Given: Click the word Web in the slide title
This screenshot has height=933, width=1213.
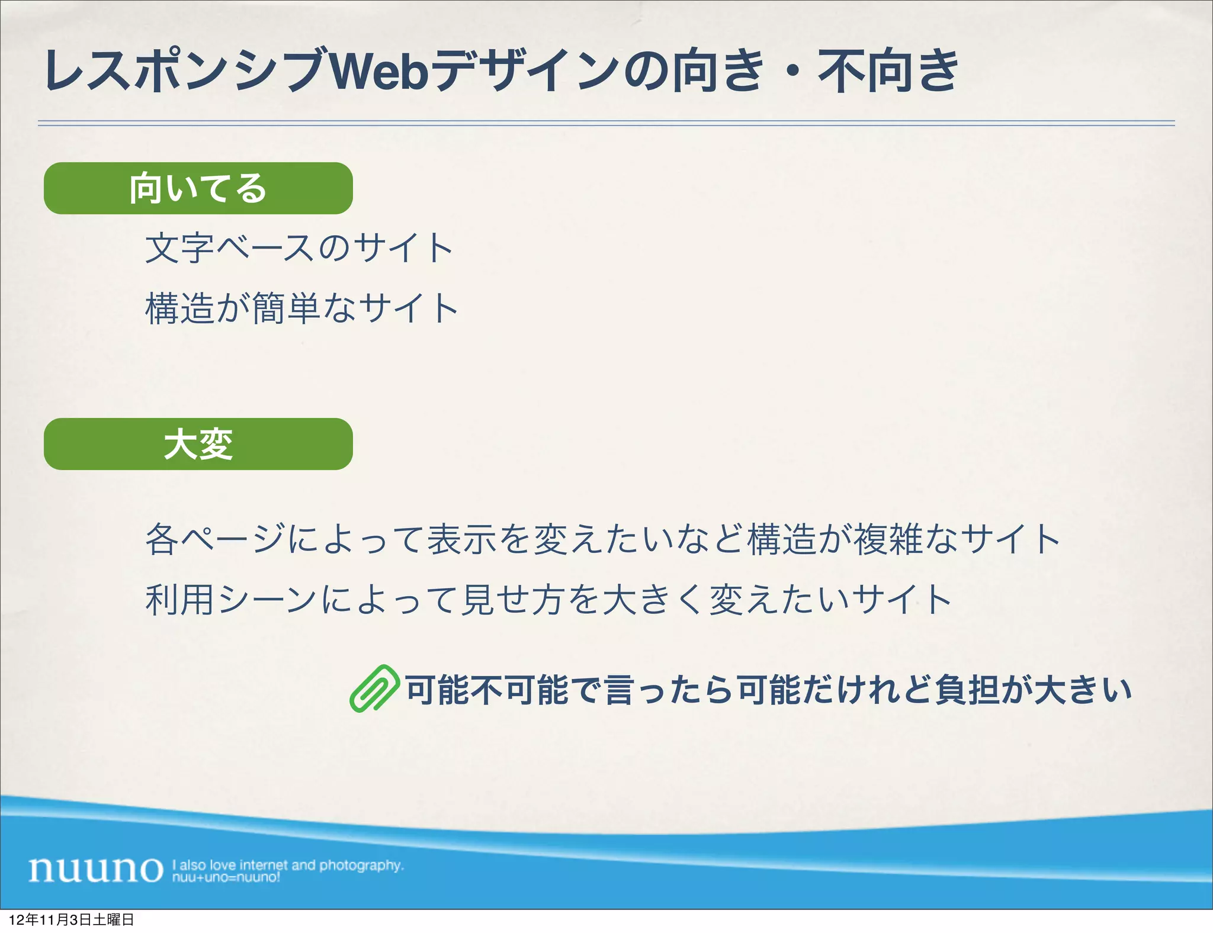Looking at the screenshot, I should tap(379, 72).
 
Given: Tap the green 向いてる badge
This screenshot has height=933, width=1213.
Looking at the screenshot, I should tap(198, 188).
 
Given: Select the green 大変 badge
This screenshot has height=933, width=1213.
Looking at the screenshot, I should tap(198, 444).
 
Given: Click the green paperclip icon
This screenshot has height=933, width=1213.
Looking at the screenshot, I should tap(374, 689).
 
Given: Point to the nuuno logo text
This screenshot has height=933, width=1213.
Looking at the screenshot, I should tap(95, 869).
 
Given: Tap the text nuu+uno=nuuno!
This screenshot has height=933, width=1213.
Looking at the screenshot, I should tap(226, 877).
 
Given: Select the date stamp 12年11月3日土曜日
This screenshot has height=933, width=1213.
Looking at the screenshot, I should tap(72, 920).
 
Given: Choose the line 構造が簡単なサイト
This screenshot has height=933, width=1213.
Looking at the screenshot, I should tap(301, 308).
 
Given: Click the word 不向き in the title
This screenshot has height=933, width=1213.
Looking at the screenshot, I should tap(888, 72).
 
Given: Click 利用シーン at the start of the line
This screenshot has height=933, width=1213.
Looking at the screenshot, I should tap(230, 600).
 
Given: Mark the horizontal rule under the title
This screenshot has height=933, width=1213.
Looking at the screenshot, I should tap(606, 123).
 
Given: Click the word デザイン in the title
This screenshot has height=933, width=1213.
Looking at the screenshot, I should tap(527, 72).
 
